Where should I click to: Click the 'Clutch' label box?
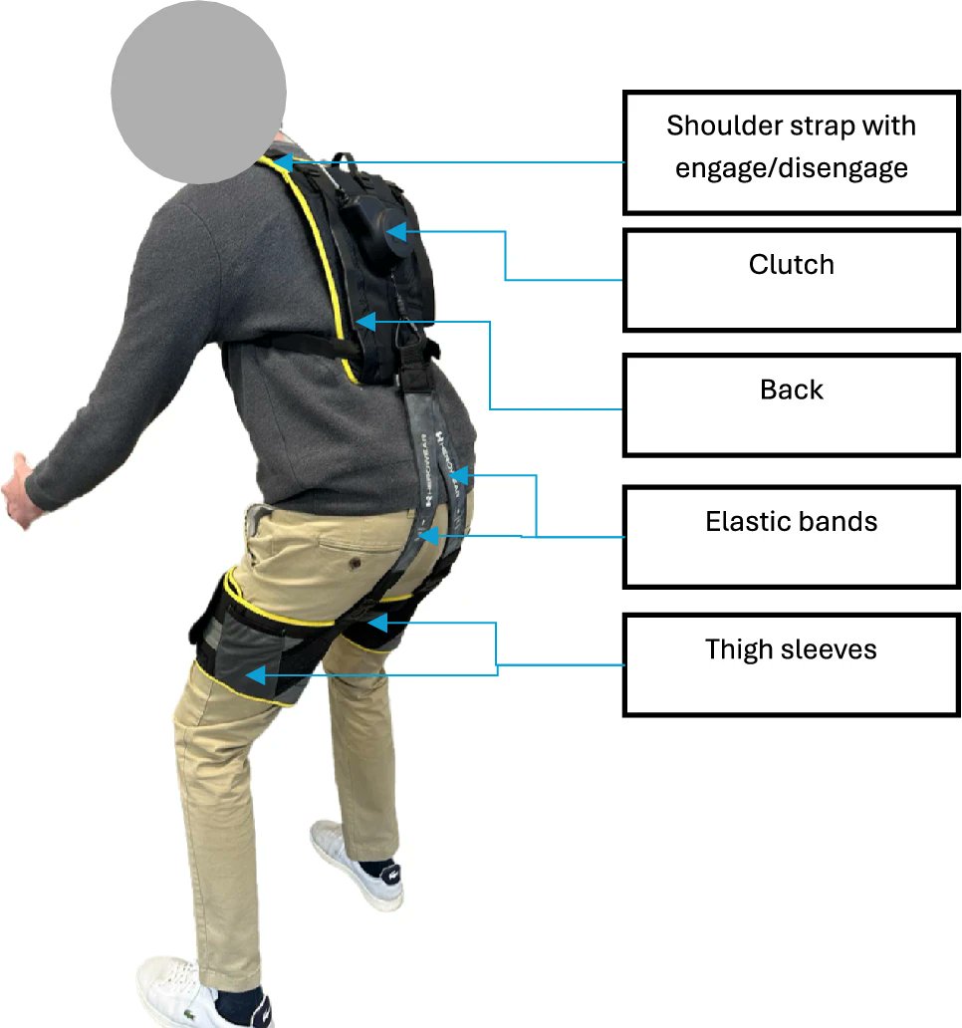tap(792, 280)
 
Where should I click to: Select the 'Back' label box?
tap(792, 404)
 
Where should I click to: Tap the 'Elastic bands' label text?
tap(792, 521)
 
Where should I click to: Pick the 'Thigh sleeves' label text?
tap(792, 649)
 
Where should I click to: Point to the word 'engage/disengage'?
tap(792, 166)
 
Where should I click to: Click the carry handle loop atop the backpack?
tap(344, 161)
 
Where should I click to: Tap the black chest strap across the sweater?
tap(289, 344)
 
